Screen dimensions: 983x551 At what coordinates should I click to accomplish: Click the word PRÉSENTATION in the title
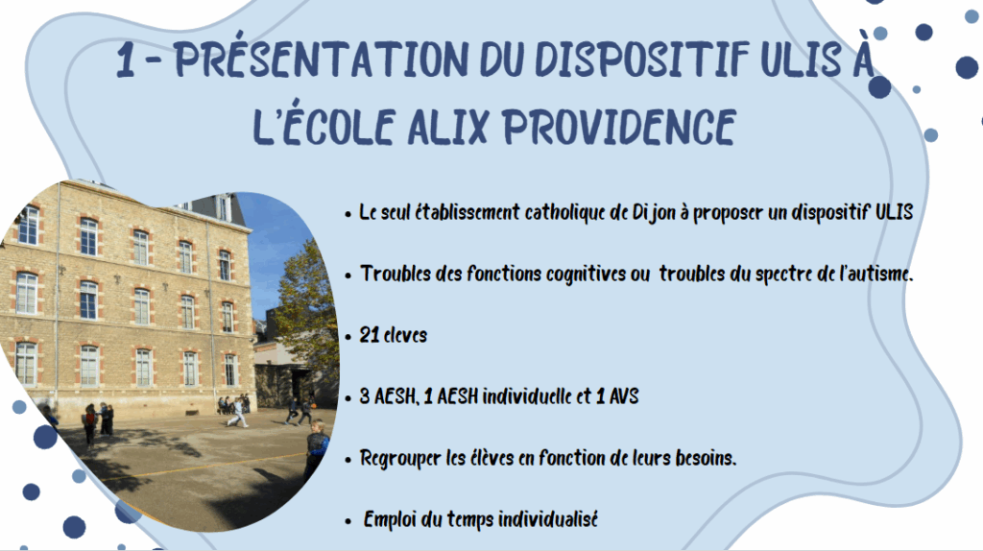tap(322, 60)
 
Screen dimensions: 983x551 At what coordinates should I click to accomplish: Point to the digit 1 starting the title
tap(126, 60)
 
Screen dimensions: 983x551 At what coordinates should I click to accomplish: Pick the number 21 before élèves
tap(370, 335)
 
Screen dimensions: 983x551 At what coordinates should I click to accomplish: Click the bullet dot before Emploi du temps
tap(348, 521)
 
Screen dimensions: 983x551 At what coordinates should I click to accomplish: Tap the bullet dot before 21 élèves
tap(348, 337)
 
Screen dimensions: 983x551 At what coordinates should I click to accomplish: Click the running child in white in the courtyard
tap(238, 413)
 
